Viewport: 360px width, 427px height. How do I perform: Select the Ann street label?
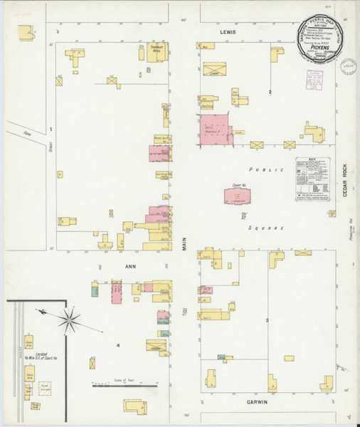click(131, 268)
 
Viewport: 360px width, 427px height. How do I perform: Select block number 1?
click(51, 129)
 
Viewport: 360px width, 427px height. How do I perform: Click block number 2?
click(270, 93)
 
